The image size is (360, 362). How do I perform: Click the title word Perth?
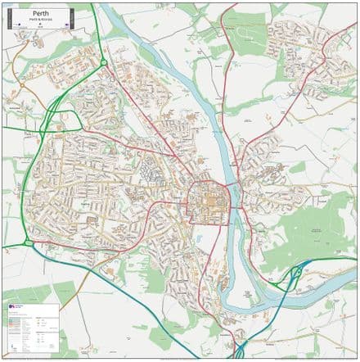pos(40,14)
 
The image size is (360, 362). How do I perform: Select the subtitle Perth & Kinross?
pos(40,20)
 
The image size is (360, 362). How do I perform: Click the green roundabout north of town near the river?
pos(104,63)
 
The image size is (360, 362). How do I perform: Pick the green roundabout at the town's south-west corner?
pos(28,243)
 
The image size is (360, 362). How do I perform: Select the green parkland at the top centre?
pos(245,37)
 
